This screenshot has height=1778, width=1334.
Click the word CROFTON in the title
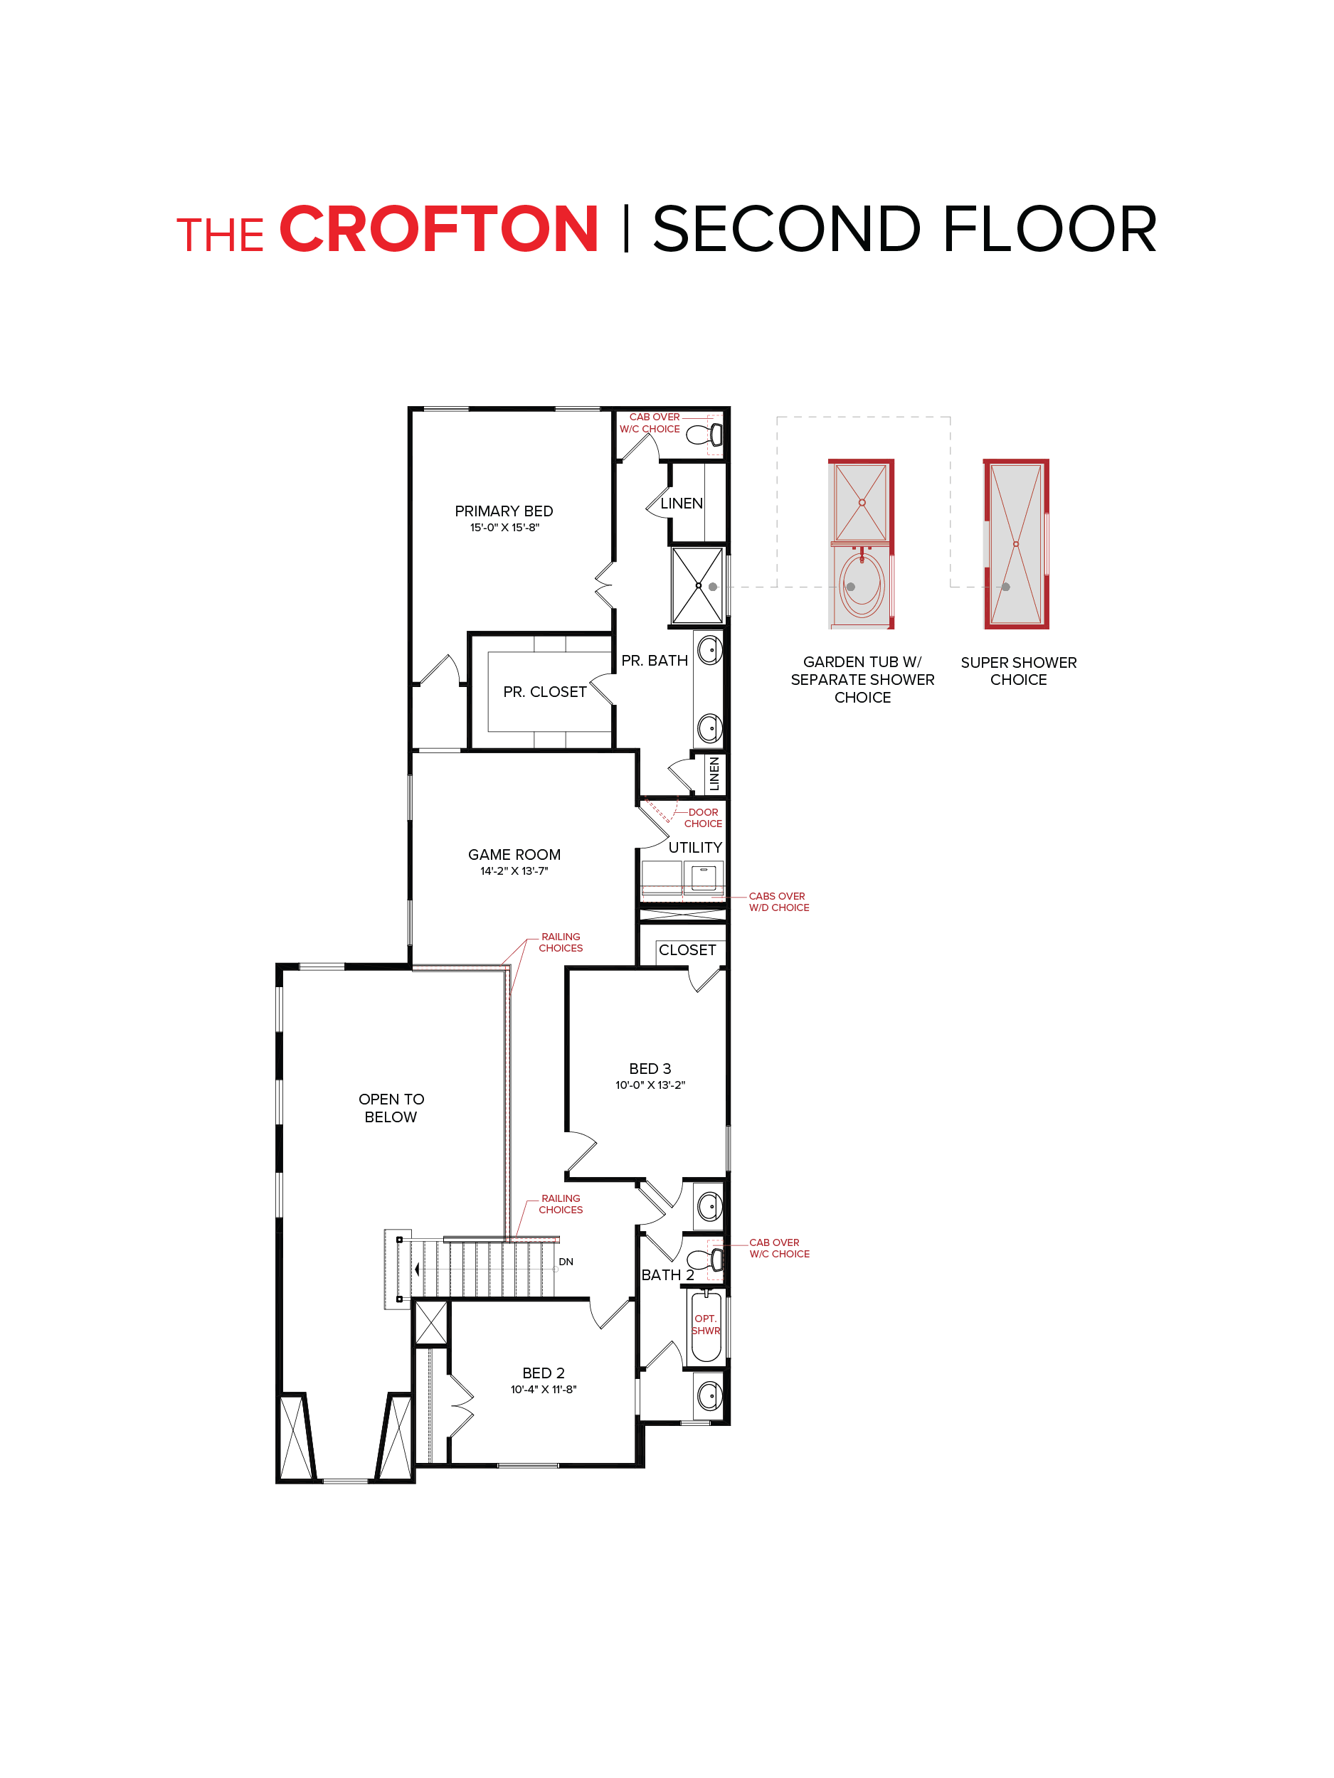[x=438, y=230]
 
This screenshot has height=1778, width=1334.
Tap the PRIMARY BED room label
[x=504, y=511]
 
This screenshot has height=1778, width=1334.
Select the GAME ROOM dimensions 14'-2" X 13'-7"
[x=514, y=871]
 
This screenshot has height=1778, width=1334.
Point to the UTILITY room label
[x=694, y=847]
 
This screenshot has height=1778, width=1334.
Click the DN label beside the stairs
[x=566, y=1261]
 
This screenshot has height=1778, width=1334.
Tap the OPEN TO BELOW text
[x=391, y=1107]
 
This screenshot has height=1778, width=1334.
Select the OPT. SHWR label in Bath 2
[x=705, y=1324]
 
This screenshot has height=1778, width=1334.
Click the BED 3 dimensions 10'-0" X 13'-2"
[x=650, y=1085]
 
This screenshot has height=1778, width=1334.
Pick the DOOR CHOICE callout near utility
[x=703, y=817]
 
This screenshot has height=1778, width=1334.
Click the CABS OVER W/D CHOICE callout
[x=778, y=901]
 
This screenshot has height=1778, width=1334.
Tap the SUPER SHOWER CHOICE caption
[x=1018, y=671]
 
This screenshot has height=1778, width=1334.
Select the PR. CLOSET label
[x=544, y=692]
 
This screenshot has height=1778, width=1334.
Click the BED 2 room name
[x=543, y=1373]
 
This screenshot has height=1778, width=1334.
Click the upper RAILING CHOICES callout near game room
[x=561, y=942]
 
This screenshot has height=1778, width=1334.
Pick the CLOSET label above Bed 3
[x=687, y=950]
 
